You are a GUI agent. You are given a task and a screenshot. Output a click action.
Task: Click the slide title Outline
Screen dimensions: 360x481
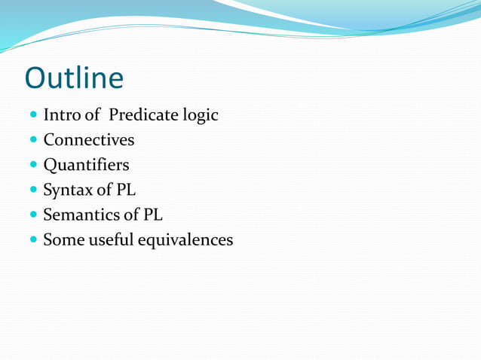click(x=74, y=78)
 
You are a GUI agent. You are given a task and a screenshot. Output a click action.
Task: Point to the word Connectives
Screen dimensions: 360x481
click(x=89, y=140)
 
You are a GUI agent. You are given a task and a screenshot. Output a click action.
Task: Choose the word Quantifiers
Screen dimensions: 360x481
click(x=86, y=165)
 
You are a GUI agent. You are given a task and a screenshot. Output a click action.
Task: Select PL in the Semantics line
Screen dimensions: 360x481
click(x=153, y=215)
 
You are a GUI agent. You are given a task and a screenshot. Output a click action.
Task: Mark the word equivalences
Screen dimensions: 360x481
click(x=187, y=240)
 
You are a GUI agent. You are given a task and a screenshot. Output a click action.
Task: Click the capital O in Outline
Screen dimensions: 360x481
click(x=36, y=78)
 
